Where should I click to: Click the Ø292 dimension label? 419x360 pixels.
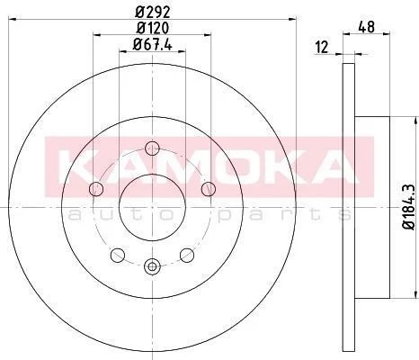coord(153,12)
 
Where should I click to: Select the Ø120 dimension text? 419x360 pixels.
coord(153,28)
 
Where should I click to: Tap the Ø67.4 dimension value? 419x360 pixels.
coord(152,45)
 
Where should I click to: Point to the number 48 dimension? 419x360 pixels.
coord(367,27)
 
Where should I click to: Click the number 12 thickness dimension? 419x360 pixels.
coord(322,48)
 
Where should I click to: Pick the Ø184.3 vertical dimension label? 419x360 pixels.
coord(409,207)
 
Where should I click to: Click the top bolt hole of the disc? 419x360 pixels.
coord(152,148)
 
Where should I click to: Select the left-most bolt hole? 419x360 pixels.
coord(96,189)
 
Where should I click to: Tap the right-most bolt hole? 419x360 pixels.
coord(209,189)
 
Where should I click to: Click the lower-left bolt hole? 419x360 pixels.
coord(118,255)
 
